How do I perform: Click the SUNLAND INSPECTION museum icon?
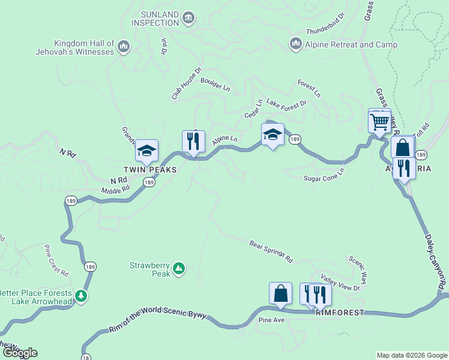click(189, 18)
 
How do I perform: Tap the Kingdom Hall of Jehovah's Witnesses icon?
click(124, 46)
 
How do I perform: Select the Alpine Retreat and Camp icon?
click(295, 44)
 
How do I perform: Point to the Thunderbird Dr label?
click(325, 24)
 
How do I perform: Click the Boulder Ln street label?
click(215, 84)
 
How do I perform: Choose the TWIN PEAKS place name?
click(150, 170)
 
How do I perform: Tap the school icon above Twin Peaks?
click(146, 151)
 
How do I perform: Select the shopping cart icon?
click(379, 122)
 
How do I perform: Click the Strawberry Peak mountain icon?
click(179, 269)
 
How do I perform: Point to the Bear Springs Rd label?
click(271, 251)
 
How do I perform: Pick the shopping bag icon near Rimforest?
click(280, 294)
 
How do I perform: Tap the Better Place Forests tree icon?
click(81, 295)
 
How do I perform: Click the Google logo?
click(19, 353)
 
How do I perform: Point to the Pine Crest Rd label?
click(56, 260)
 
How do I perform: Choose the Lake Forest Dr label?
click(286, 103)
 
